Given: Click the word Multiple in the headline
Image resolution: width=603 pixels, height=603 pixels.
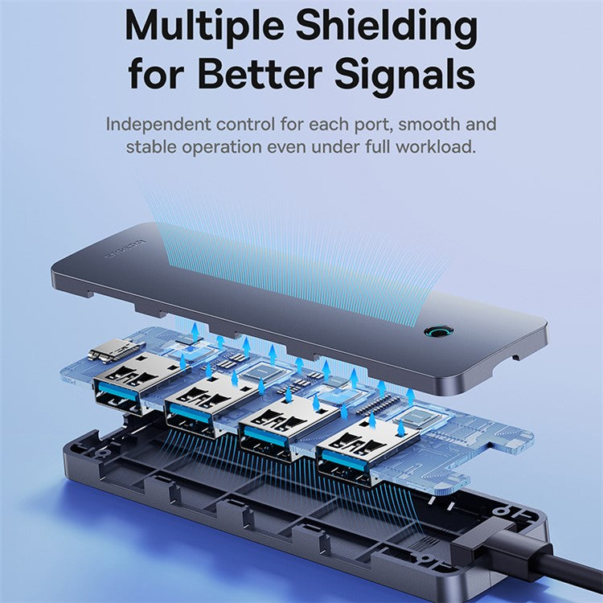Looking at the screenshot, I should [204, 26].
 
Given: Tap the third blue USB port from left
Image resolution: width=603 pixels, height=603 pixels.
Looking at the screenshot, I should [270, 437].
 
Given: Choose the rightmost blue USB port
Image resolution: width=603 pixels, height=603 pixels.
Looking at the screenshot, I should [347, 461].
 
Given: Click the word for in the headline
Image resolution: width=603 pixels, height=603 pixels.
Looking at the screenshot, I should [158, 74].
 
